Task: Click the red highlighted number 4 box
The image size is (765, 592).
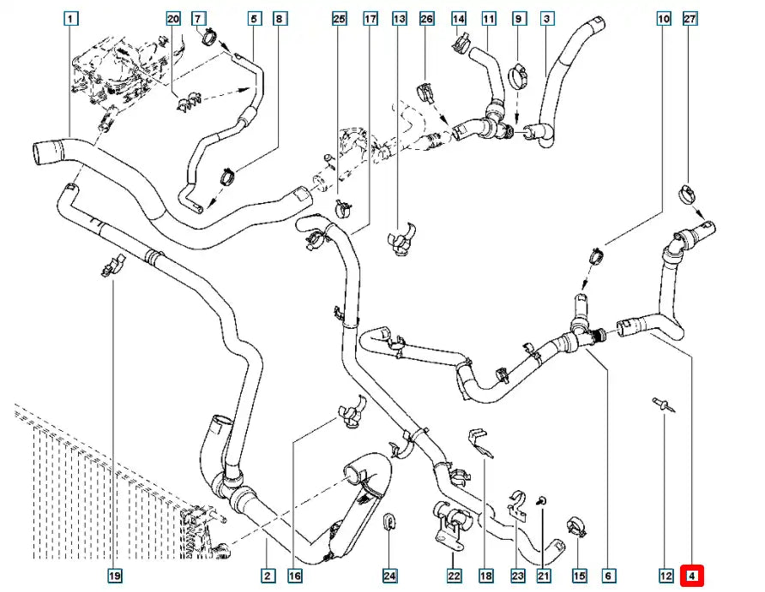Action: pyautogui.click(x=691, y=576)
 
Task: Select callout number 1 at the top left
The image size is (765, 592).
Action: pyautogui.click(x=70, y=19)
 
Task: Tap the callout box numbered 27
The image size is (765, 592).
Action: pyautogui.click(x=690, y=19)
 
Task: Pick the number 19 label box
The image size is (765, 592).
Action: pyautogui.click(x=114, y=576)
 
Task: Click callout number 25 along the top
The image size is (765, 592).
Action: pyautogui.click(x=339, y=19)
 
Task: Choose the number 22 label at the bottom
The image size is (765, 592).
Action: pyautogui.click(x=454, y=576)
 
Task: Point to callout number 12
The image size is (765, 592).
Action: pyautogui.click(x=666, y=576)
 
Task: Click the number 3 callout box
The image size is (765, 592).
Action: pyautogui.click(x=546, y=19)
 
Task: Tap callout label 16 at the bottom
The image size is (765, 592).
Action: pyautogui.click(x=295, y=576)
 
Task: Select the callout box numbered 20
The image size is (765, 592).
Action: pyautogui.click(x=173, y=19)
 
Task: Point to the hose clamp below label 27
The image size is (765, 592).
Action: pyautogui.click(x=688, y=194)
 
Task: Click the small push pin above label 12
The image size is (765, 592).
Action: pyautogui.click(x=664, y=405)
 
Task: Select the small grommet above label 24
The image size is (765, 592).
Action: pyautogui.click(x=389, y=521)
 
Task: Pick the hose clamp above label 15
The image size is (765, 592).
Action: pyautogui.click(x=575, y=528)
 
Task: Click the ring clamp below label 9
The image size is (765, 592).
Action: pyautogui.click(x=519, y=77)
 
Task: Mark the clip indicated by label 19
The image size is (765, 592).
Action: pyautogui.click(x=112, y=266)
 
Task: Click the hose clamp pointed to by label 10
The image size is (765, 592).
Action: pyautogui.click(x=596, y=255)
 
